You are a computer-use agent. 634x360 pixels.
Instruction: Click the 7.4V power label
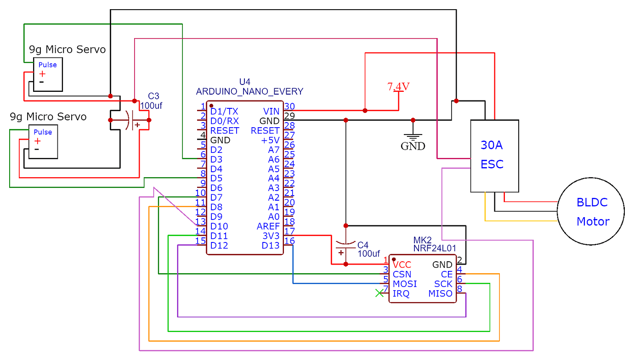[398, 86]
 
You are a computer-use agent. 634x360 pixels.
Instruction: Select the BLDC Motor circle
[591, 211]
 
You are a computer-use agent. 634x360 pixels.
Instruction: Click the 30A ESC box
[494, 156]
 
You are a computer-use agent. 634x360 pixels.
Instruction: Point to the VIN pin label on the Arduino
[271, 111]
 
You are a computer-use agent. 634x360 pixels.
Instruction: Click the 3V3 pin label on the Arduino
[271, 236]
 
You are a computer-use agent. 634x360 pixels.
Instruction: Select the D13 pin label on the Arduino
[271, 246]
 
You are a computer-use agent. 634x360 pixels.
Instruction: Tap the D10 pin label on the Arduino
[219, 226]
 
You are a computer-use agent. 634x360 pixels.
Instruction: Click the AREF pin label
[268, 226]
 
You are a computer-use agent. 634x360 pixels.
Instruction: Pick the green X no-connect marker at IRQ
[379, 293]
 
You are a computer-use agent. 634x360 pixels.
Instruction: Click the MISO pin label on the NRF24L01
[440, 294]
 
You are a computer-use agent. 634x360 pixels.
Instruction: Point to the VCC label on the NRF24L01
[402, 265]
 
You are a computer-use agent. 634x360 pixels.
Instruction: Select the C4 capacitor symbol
[345, 247]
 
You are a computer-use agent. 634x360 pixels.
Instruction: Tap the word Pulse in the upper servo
[47, 65]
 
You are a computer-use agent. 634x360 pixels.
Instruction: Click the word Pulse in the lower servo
[43, 132]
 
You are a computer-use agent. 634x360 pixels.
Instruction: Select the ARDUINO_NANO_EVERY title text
[249, 91]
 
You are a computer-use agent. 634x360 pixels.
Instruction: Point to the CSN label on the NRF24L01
[402, 275]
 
